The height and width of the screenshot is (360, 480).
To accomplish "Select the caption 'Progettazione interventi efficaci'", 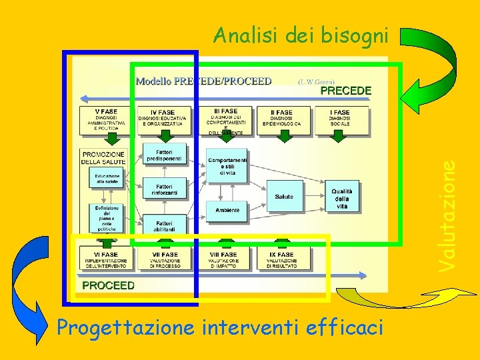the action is coord(220,328).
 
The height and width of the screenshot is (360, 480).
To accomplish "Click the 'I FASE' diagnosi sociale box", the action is coord(340,120).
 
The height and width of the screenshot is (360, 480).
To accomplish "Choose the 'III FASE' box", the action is coord(226,120).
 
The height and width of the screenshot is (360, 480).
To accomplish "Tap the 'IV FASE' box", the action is coord(163,120).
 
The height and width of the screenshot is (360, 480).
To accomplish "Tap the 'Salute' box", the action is coord(284,196).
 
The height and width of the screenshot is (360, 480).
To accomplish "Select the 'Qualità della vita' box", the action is coord(342,197).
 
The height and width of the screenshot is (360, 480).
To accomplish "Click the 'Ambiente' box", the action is coord(227,211).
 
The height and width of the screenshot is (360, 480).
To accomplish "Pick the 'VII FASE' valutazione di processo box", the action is coord(164,259).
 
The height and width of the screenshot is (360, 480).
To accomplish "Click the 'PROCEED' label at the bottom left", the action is coord(108,285).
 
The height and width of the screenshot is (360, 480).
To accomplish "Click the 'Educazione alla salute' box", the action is coord(107,178).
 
